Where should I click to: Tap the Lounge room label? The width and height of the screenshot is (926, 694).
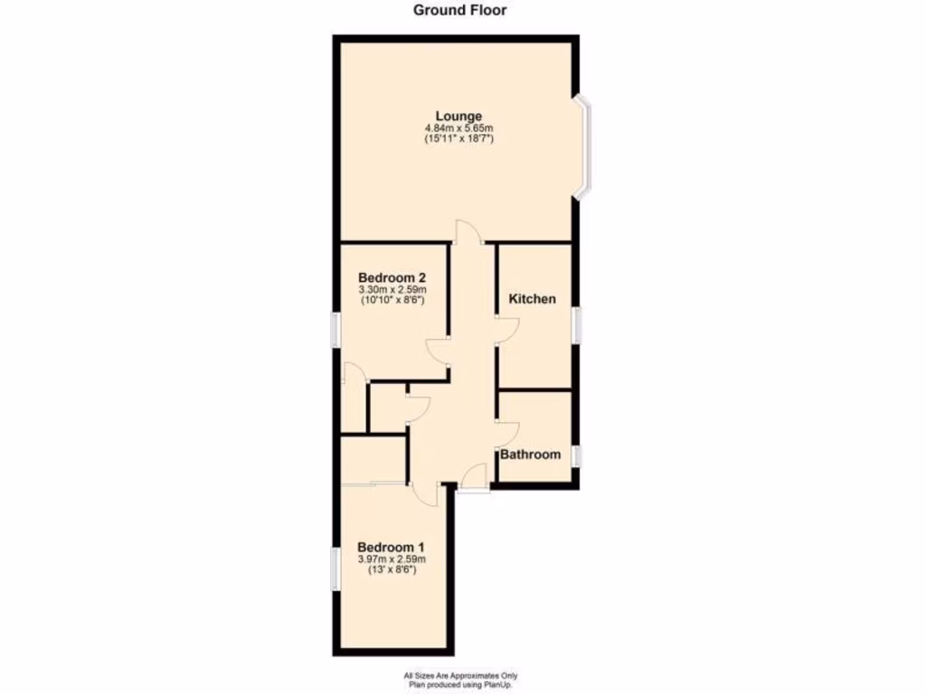coord(458,117)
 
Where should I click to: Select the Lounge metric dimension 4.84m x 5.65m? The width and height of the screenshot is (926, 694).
coord(458,128)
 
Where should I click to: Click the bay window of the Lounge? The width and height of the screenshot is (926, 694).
coord(584,147)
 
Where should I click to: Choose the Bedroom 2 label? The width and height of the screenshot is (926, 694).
coord(392,277)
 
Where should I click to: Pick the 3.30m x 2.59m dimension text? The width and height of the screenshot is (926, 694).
coord(392,289)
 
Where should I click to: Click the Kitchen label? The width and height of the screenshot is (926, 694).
coord(532,299)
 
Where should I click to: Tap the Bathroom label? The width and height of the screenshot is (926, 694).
coord(531,455)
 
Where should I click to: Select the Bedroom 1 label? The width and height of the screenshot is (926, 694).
coord(391,548)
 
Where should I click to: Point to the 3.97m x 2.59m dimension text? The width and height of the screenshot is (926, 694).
coord(391,559)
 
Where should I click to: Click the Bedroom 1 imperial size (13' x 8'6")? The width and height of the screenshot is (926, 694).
coord(391,570)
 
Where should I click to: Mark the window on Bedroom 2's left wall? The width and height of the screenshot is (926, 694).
coord(334,329)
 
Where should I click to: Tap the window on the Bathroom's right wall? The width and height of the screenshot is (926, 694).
coord(576,455)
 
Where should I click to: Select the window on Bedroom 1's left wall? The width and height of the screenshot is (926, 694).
coord(334,568)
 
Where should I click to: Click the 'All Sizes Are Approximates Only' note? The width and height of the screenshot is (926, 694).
coord(460,675)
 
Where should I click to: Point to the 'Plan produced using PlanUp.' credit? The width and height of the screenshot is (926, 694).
coord(460,684)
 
